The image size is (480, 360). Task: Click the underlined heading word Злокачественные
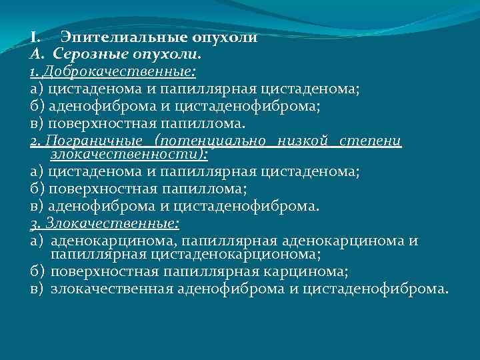pyautogui.click(x=110, y=223)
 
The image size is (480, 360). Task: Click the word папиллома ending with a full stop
pyautogui.click(x=210, y=123)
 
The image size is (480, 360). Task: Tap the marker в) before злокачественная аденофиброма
pyautogui.click(x=36, y=289)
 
